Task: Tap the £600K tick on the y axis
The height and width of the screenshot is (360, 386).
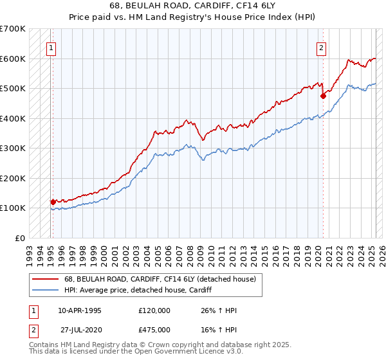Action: click(x=13, y=59)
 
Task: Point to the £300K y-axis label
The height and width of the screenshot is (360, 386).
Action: click(x=13, y=148)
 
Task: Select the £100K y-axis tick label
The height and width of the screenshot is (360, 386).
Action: click(x=13, y=208)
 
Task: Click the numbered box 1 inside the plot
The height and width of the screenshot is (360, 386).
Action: click(x=50, y=46)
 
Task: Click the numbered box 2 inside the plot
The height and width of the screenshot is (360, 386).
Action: click(x=320, y=46)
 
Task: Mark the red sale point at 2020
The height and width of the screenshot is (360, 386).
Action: click(x=323, y=96)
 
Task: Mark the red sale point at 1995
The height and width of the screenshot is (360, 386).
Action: click(x=53, y=202)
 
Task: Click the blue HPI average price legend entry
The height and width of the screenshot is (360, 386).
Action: click(x=142, y=290)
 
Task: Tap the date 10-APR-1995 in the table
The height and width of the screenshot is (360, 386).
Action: click(x=80, y=310)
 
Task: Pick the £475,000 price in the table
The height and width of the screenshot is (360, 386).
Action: click(x=154, y=329)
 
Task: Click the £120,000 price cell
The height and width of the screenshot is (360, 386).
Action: click(x=154, y=310)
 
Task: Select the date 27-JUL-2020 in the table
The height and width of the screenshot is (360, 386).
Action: click(x=81, y=329)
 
